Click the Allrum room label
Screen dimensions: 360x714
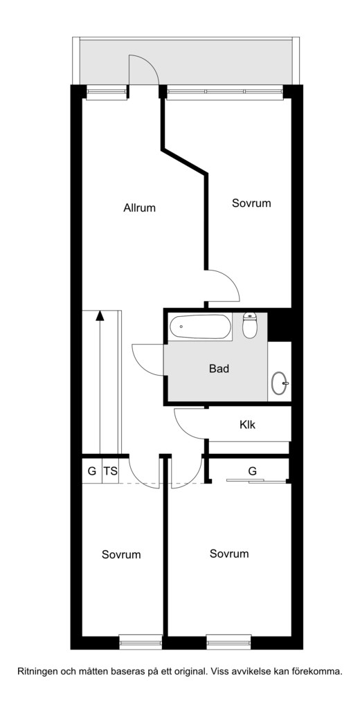(x=139, y=208)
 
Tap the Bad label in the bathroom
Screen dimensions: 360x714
(x=219, y=368)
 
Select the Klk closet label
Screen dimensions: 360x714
(x=247, y=425)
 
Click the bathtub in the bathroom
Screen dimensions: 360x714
(x=201, y=327)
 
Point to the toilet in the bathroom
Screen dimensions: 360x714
(x=249, y=325)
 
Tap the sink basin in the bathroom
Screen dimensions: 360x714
(x=279, y=383)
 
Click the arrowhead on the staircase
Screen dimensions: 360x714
(x=100, y=315)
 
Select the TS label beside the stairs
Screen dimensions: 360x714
(x=110, y=471)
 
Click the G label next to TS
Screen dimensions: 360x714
(x=92, y=471)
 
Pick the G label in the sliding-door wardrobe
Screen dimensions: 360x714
(x=252, y=471)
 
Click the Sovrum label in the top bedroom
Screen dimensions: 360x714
(x=251, y=203)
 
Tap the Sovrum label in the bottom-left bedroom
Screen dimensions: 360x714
(x=121, y=555)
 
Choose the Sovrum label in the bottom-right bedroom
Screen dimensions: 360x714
(x=229, y=553)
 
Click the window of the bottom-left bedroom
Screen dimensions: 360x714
(x=141, y=642)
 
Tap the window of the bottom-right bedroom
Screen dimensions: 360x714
(x=228, y=642)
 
